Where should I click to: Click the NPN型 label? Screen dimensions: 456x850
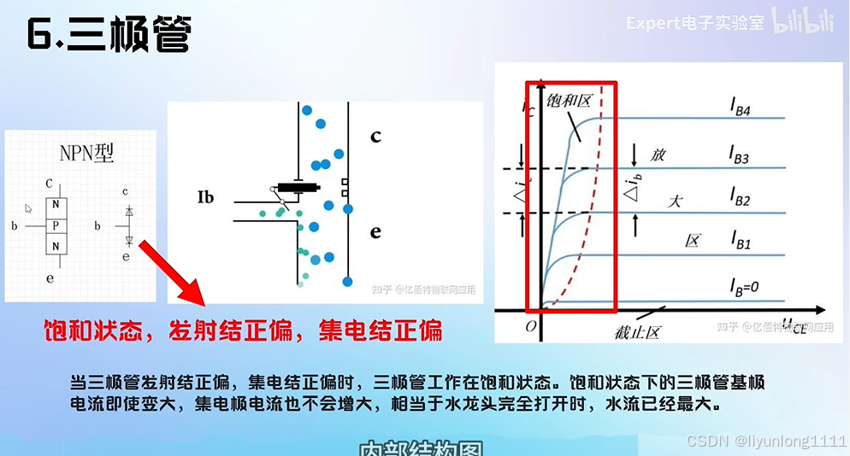pos(86,154)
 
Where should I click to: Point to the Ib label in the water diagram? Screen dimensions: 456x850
pos(205,198)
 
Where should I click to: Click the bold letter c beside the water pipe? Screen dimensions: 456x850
pos(375,137)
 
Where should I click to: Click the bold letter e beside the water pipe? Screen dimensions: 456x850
pos(375,232)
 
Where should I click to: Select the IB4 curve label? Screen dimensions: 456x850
pos(740,106)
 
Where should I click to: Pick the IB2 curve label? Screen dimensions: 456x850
pos(740,201)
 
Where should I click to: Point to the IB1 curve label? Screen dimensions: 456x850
pos(740,243)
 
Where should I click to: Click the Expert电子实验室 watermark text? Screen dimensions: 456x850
pos(695,23)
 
